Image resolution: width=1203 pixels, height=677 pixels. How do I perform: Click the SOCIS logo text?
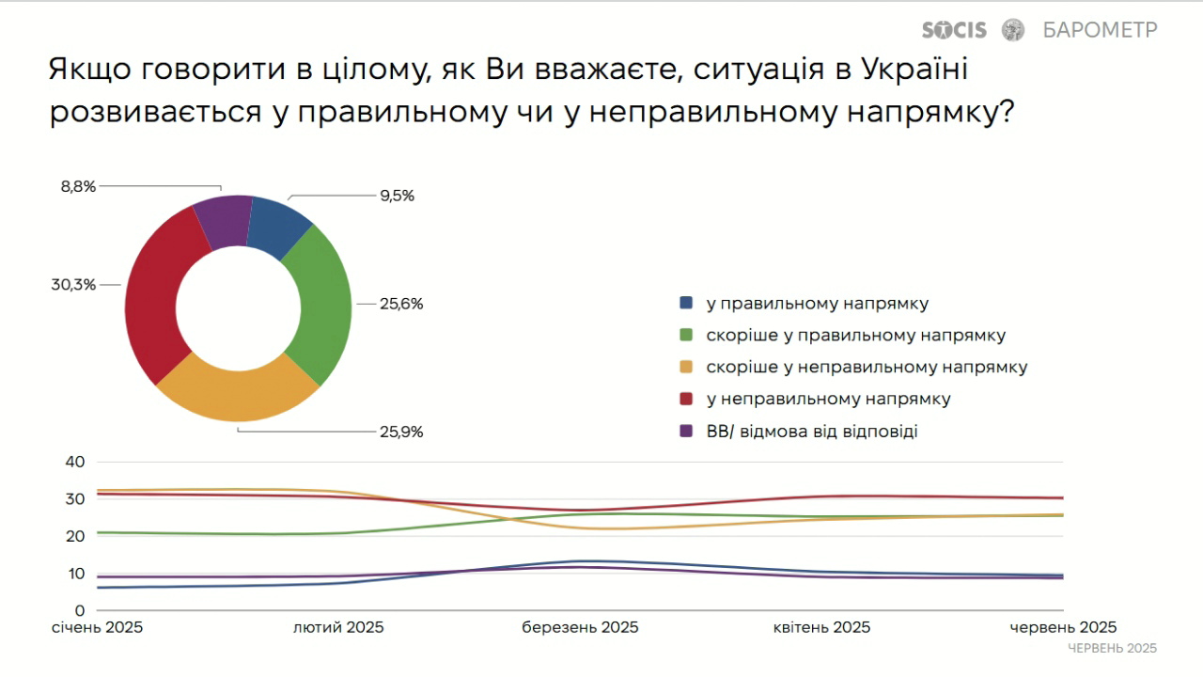[x=954, y=30]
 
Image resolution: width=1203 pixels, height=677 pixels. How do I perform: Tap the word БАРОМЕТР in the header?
[x=1100, y=30]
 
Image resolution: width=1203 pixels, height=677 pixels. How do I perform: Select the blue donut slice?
[x=277, y=226]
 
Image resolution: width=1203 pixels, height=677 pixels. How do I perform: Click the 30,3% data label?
[x=73, y=284]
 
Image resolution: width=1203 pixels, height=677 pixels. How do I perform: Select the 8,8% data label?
[x=78, y=186]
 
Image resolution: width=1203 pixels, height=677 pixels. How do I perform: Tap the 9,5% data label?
[x=396, y=196]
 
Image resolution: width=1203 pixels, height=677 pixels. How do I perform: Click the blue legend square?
[x=686, y=304]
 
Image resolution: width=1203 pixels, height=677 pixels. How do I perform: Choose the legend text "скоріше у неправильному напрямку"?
[x=867, y=367]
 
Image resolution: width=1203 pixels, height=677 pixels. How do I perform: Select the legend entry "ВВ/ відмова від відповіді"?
[x=811, y=432]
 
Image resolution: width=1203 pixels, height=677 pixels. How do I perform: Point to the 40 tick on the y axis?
[x=75, y=462]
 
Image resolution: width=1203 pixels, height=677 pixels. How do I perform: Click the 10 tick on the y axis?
[x=75, y=574]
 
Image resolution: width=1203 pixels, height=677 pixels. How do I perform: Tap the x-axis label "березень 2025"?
[x=580, y=627]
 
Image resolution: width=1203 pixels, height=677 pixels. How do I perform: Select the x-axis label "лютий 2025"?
[x=338, y=627]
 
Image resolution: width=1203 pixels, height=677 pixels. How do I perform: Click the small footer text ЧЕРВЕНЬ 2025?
[x=1112, y=649]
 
